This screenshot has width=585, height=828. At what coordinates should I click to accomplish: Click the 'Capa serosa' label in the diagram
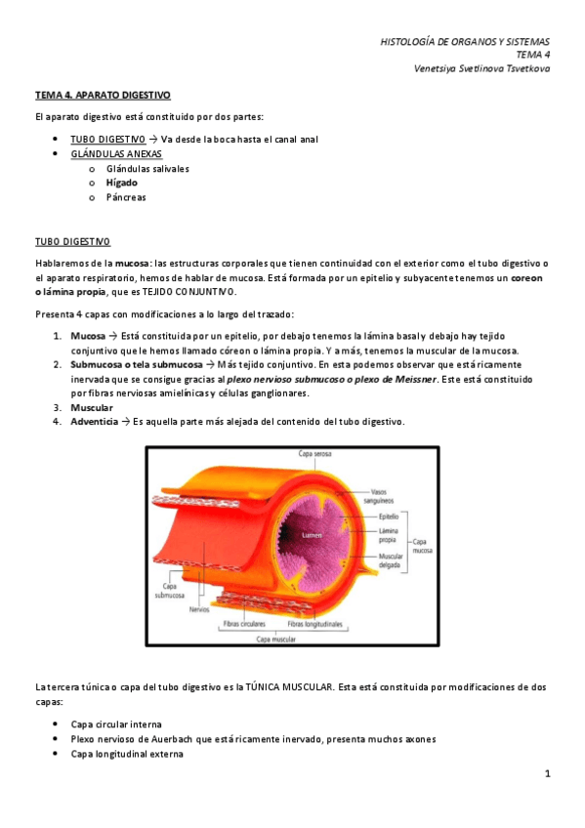(317, 454)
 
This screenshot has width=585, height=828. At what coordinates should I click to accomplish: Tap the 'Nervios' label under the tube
(200, 608)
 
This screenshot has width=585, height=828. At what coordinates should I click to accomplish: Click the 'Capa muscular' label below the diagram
(276, 640)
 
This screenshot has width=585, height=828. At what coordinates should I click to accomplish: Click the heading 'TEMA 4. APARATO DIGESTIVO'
(103, 96)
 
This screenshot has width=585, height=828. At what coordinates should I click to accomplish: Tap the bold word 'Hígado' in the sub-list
(122, 183)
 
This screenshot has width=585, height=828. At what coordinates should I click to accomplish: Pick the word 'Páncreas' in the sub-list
(126, 197)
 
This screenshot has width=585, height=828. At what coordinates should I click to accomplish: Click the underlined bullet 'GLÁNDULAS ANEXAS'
(116, 154)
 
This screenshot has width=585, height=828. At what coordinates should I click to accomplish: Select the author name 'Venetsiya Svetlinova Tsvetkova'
(481, 68)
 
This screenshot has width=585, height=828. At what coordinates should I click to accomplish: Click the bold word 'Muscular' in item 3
(92, 407)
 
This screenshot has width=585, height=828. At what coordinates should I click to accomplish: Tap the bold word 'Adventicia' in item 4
(95, 422)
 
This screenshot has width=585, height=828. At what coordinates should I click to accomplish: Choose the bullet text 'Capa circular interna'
(116, 724)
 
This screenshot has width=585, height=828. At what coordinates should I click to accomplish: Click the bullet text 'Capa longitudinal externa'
(126, 754)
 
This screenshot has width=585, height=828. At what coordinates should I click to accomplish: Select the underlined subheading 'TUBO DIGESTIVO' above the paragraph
(73, 241)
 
